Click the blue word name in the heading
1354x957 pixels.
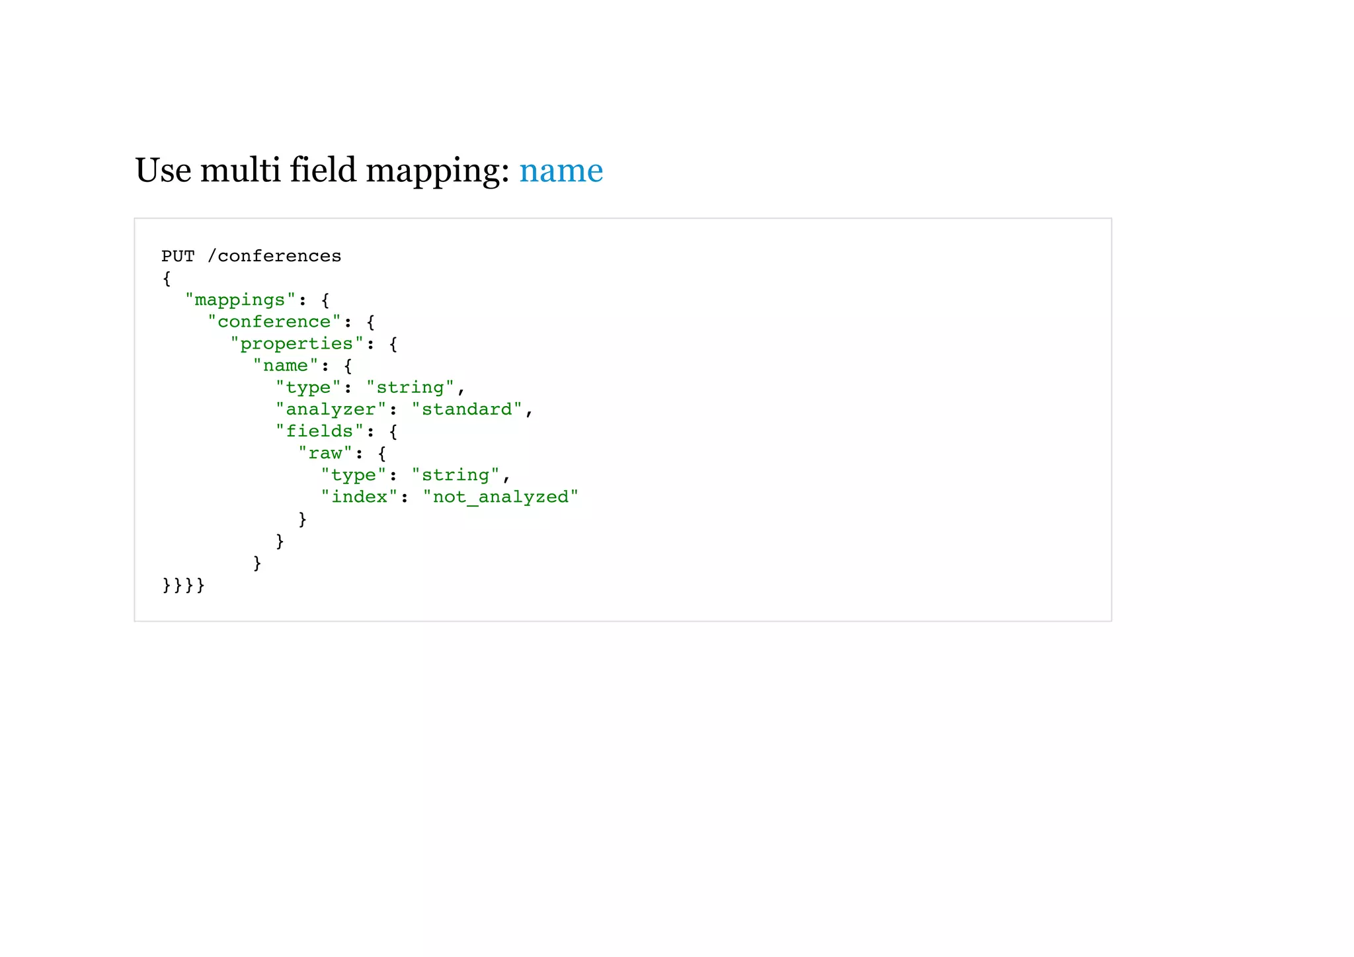(561, 171)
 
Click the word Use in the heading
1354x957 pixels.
(163, 171)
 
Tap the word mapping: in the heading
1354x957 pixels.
(437, 171)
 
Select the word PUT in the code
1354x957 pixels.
(178, 256)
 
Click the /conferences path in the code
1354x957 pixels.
(274, 256)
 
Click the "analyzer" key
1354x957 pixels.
(331, 409)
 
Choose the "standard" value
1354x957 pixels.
(467, 409)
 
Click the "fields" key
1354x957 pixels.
(319, 431)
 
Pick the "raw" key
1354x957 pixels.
(325, 453)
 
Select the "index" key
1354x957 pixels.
(359, 497)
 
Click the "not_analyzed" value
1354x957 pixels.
(500, 497)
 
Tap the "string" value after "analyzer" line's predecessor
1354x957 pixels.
(410, 387)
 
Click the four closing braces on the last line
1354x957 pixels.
(183, 585)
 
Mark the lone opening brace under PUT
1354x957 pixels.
(167, 278)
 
